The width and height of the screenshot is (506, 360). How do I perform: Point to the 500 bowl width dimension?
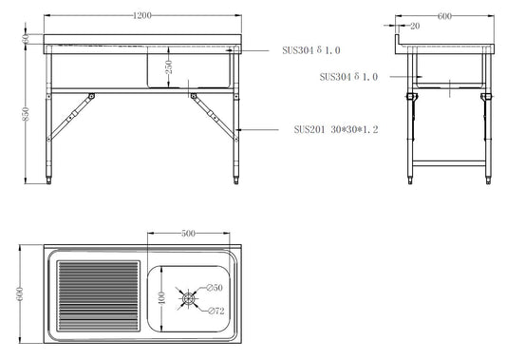click(189, 234)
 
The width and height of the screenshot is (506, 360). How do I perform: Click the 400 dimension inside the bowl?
click(161, 299)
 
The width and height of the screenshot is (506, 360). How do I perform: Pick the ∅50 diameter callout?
click(215, 287)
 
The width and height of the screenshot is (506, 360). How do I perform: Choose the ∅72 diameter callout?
click(215, 311)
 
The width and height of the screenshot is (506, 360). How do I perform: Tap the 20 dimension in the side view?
click(414, 27)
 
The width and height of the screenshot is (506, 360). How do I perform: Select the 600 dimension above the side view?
click(444, 16)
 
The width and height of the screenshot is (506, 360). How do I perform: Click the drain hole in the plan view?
click(189, 299)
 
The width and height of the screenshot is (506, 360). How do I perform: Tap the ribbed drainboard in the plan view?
click(96, 295)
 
